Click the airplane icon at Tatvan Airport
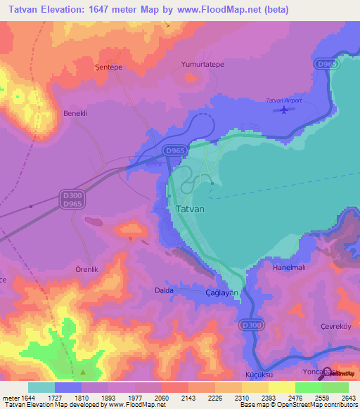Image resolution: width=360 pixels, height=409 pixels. [x=283, y=112]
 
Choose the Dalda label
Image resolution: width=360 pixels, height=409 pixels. [x=164, y=290]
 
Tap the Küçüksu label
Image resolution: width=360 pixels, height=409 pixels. [x=257, y=375]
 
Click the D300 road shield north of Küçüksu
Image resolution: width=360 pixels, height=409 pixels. [x=250, y=325]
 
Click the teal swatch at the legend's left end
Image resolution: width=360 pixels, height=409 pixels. [x=41, y=387]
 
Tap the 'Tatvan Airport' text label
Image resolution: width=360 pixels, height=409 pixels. [x=284, y=100]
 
